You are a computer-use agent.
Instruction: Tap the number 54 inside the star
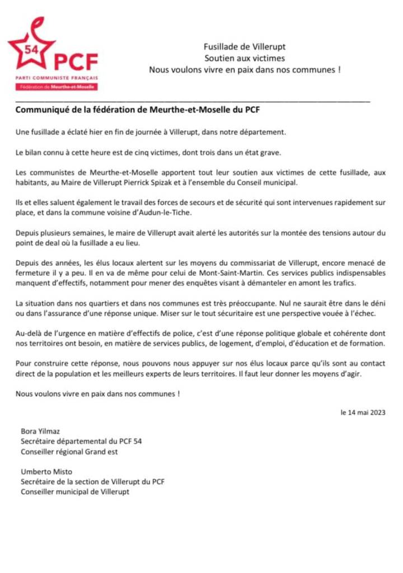[32, 49]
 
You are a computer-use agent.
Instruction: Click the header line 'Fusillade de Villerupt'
[245, 47]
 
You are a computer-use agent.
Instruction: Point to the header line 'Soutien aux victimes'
[245, 58]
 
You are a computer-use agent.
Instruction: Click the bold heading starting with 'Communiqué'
[138, 110]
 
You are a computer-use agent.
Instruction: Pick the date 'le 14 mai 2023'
[363, 412]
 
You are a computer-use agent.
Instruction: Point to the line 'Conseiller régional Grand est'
[69, 452]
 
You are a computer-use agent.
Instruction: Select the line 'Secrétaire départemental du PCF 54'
[81, 442]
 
